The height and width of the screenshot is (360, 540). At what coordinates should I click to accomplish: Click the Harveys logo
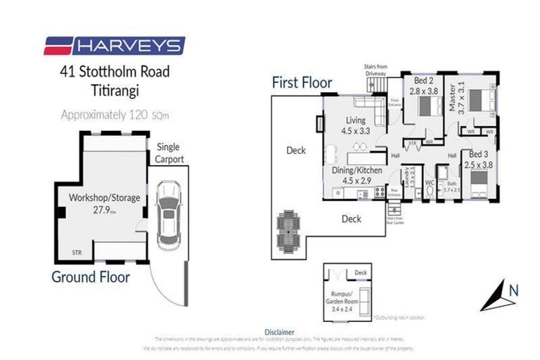point(115,46)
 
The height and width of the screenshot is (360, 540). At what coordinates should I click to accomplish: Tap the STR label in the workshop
point(77,251)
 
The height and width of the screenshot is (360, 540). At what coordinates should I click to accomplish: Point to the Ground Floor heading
point(90,277)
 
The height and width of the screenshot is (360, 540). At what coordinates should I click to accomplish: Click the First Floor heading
point(302,83)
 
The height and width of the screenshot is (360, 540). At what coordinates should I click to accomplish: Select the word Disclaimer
point(279,331)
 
